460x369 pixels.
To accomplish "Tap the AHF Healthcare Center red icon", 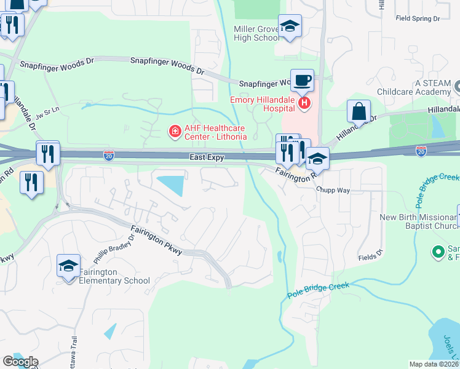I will pos(175,131).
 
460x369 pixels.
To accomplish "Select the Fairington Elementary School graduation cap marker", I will pos(69,266).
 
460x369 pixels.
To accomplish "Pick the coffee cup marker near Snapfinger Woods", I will pos(301,80).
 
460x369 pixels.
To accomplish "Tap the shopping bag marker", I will pos(359,111).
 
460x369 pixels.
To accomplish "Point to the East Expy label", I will pos(206,157).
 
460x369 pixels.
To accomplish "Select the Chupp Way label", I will pos(333,191).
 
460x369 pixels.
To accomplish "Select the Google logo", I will pos(20,362).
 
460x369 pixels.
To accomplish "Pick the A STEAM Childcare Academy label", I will pos(424,87).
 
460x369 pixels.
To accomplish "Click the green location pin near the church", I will pos(438,251).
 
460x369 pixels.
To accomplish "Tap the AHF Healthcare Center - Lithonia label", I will pos(215,132).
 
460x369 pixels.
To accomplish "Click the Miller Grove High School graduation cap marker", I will pos(290,26).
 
